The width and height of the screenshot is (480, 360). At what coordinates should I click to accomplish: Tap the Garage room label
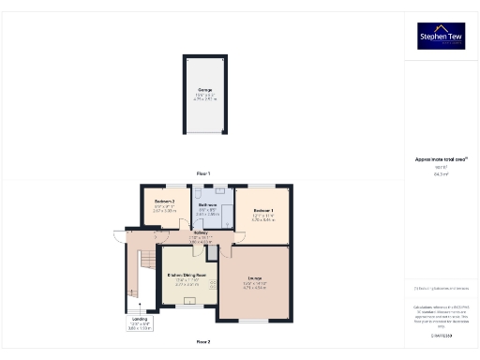point(204,90)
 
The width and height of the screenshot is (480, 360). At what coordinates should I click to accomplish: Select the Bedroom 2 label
point(164,203)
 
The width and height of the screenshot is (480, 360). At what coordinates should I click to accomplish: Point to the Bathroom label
point(208,204)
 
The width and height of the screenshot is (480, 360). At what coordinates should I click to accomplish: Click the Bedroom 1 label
point(262,210)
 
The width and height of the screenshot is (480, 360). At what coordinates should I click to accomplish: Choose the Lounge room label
point(255,278)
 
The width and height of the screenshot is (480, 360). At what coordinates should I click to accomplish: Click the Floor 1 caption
point(203,172)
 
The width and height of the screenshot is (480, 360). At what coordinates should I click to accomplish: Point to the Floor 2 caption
point(203,341)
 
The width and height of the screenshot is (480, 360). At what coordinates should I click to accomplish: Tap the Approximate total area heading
point(440,160)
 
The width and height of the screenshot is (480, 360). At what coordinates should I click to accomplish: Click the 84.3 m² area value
point(440,173)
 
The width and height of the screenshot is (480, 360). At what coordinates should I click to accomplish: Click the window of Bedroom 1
point(262,184)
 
